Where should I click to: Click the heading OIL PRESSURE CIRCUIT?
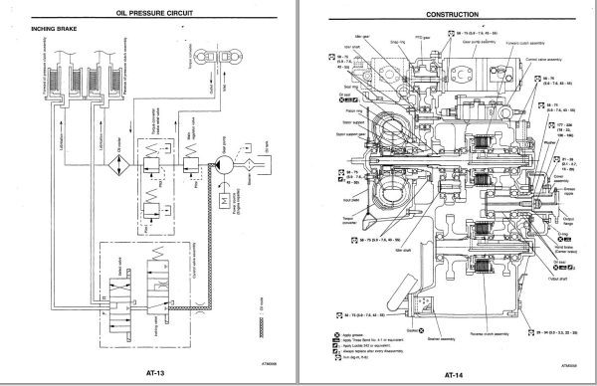(x=149, y=15)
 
